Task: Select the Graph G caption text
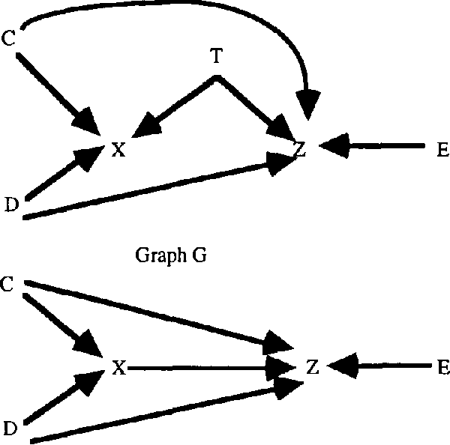click(x=172, y=256)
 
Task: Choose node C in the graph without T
click(x=8, y=284)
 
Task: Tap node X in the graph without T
click(x=117, y=367)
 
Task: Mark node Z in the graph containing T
click(x=300, y=150)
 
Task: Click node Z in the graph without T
click(x=313, y=367)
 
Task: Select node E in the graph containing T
click(x=442, y=150)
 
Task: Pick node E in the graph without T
click(x=442, y=367)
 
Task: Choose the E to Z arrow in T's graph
click(x=375, y=148)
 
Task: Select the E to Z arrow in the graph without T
click(x=382, y=366)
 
